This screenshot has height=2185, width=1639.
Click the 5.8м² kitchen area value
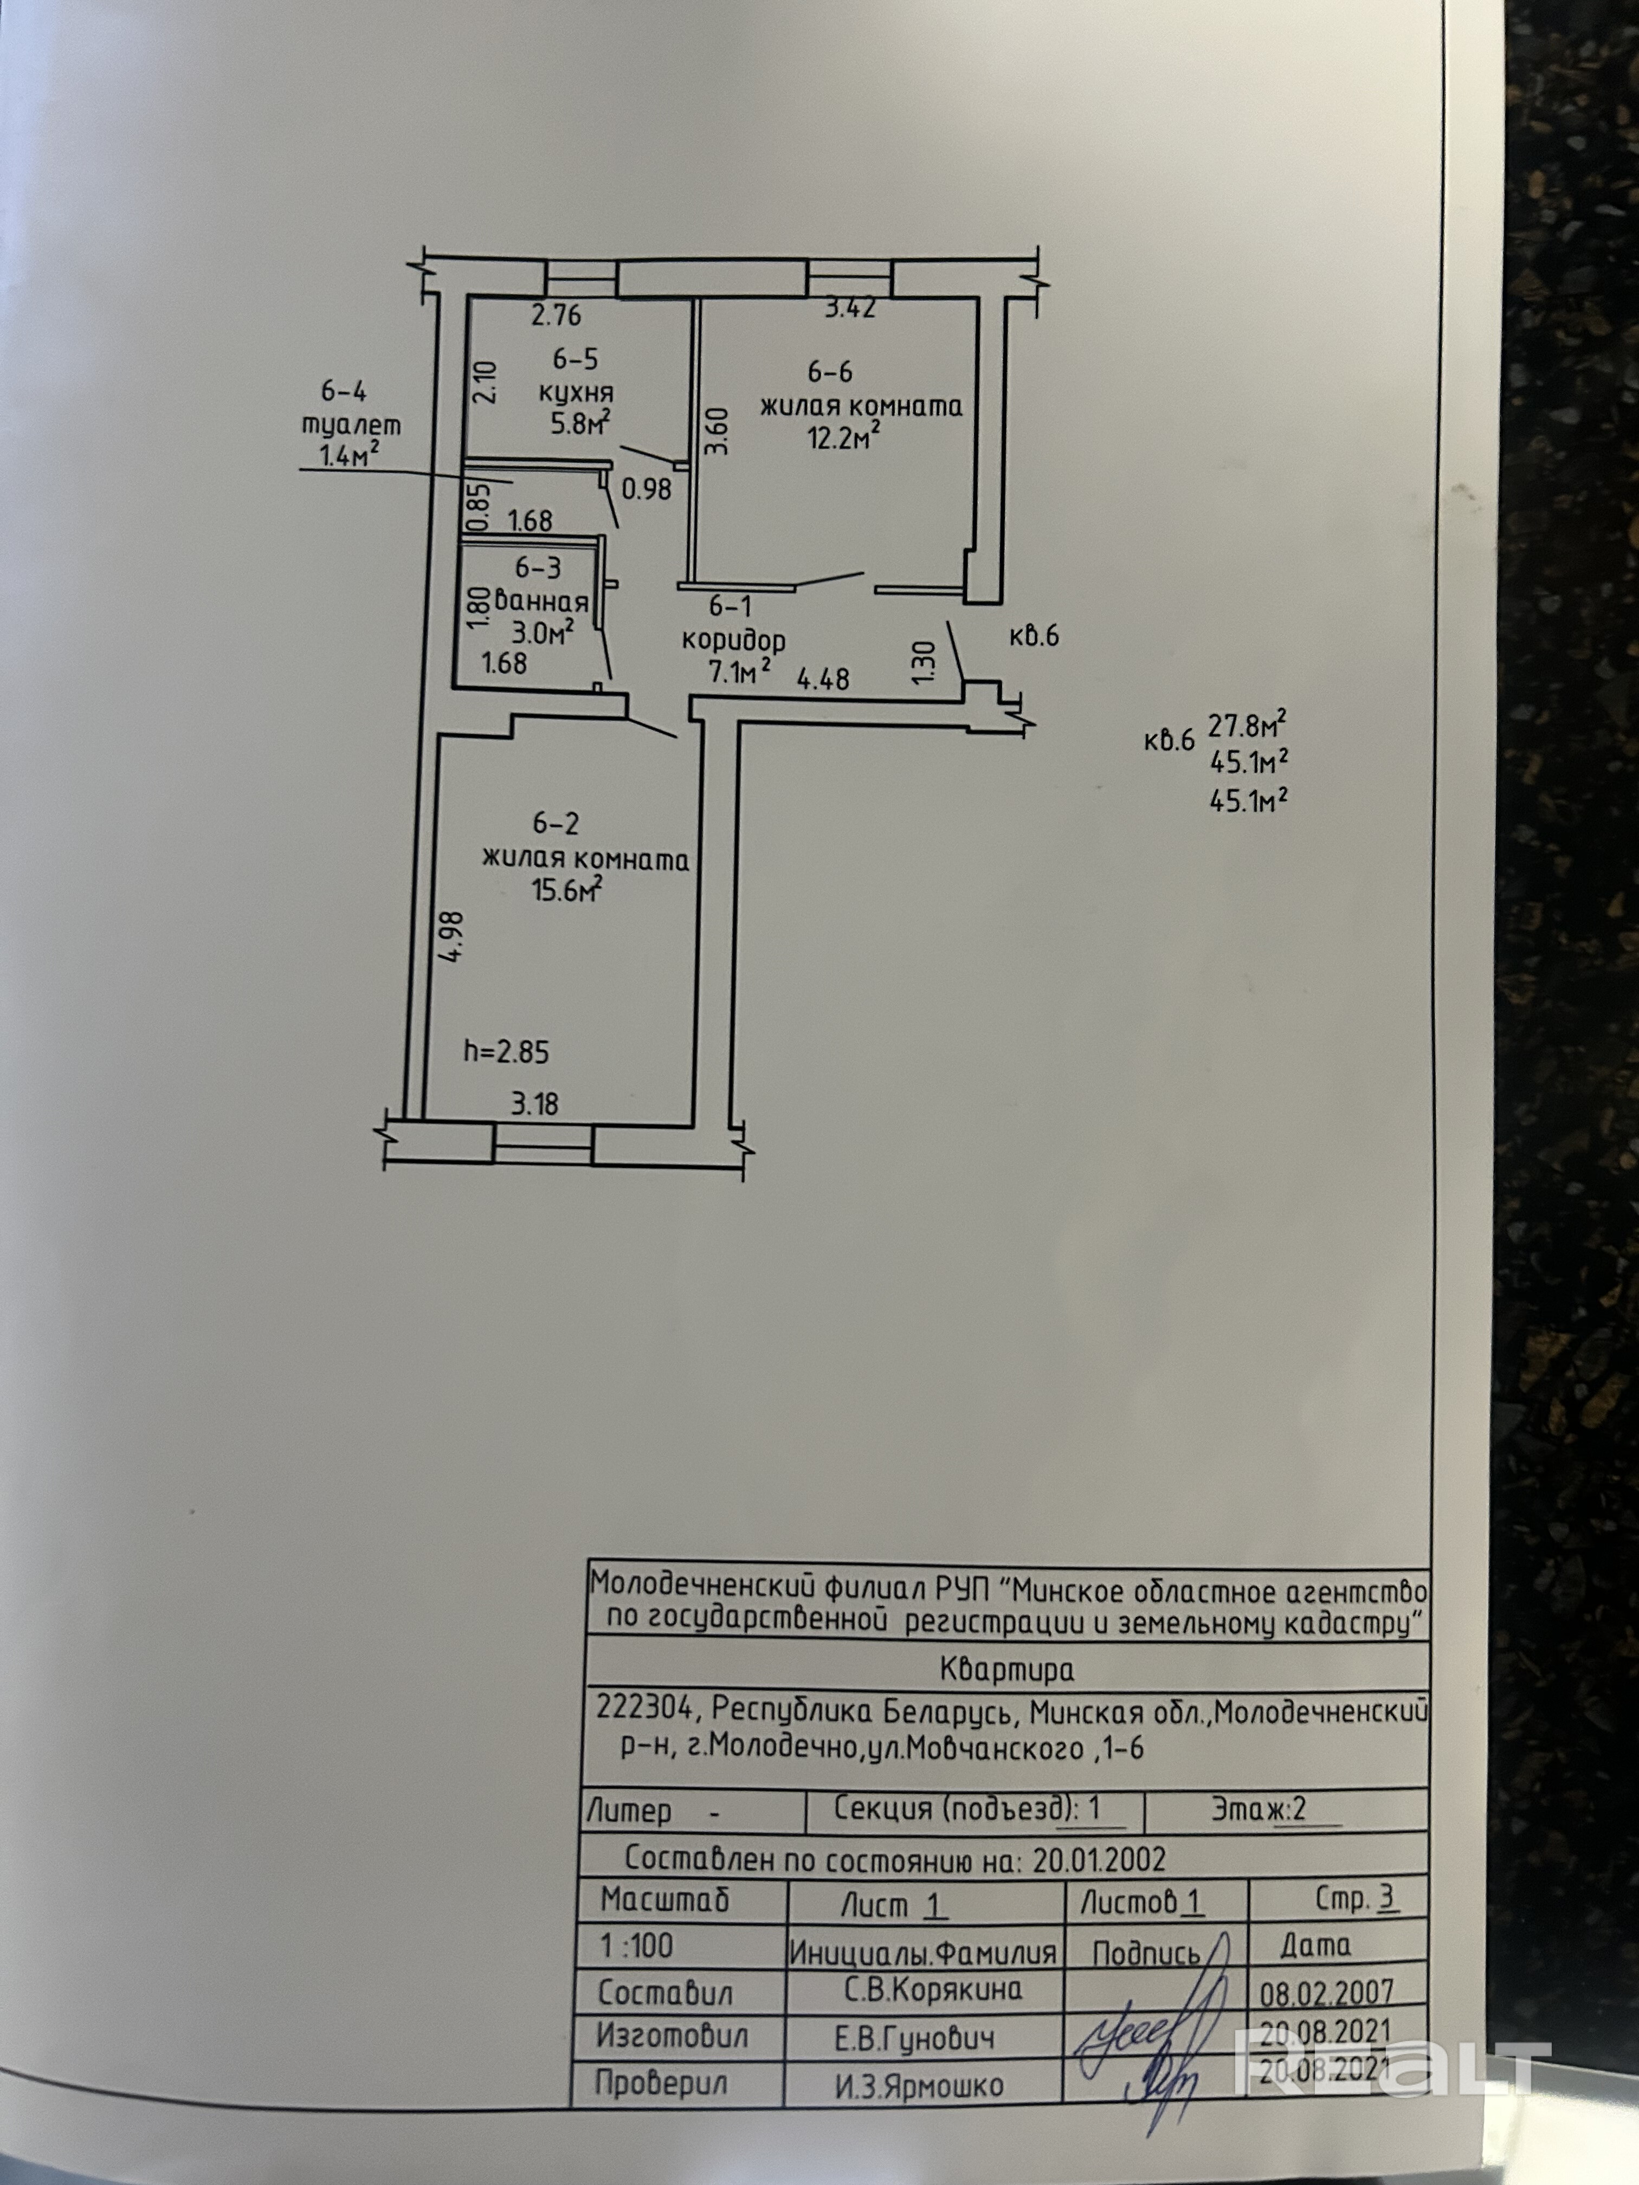click(x=580, y=424)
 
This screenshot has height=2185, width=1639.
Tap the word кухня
click(x=576, y=392)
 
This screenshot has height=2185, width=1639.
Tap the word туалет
click(x=352, y=426)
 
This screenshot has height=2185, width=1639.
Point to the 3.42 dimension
click(x=850, y=308)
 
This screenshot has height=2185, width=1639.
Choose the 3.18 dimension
click(x=534, y=1103)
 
